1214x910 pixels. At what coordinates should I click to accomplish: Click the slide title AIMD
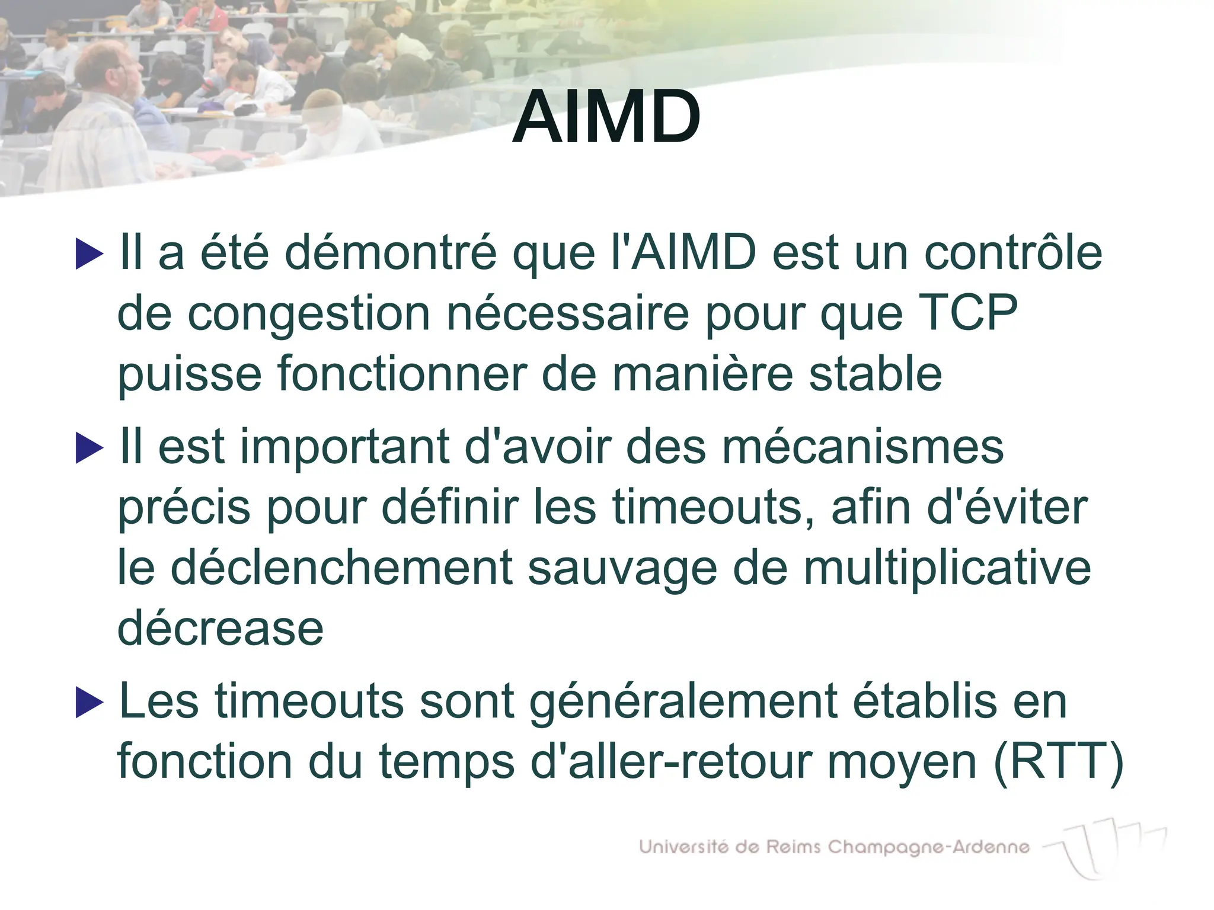tap(606, 117)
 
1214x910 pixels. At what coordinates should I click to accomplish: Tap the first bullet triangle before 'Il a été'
tap(90, 254)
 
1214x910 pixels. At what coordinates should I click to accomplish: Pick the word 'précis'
tap(184, 508)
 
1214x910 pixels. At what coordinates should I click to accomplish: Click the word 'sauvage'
tap(622, 569)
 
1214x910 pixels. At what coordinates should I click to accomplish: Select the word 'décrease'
tap(221, 629)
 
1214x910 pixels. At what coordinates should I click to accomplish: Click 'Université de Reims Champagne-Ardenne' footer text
tap(834, 847)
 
